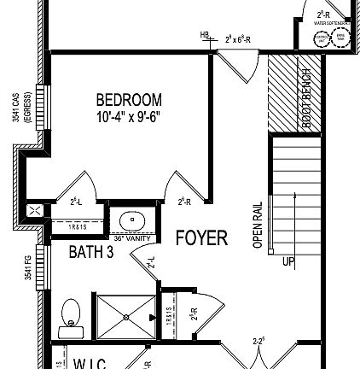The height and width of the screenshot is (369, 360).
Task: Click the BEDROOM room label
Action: (129, 100)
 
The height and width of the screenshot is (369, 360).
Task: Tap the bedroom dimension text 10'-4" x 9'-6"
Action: (128, 116)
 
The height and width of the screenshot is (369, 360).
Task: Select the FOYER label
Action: (201, 237)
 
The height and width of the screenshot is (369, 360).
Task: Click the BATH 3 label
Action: (90, 252)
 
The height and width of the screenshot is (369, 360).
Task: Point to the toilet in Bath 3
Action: (70, 315)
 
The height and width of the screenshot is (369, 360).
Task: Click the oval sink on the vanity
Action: (132, 221)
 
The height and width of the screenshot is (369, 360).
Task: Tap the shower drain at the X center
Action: (125, 316)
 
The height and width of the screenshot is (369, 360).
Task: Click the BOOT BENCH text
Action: (307, 97)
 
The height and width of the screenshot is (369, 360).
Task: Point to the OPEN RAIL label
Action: (258, 225)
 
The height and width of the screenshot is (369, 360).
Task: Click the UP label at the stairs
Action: (287, 261)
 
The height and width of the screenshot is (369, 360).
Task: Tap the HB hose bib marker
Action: (205, 35)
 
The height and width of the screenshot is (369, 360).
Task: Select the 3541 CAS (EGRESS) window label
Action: (21, 108)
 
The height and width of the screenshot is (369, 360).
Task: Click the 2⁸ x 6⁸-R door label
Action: (238, 39)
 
